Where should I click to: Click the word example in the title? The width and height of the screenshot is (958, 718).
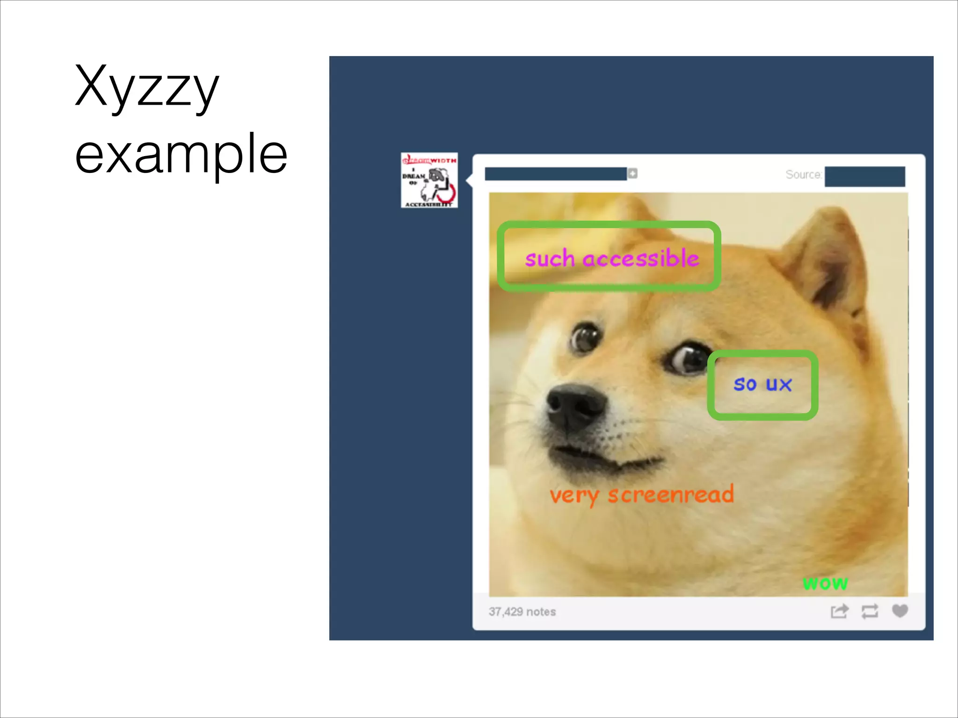tap(181, 154)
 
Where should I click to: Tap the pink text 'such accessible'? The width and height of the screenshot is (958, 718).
tap(611, 258)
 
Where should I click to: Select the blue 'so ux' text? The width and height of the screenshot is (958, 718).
tap(762, 384)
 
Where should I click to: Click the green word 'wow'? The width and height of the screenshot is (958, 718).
tap(825, 583)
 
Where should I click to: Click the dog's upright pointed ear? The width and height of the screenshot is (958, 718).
tap(828, 262)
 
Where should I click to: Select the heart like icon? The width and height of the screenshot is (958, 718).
tap(900, 611)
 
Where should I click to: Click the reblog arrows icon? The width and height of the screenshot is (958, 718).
tap(870, 611)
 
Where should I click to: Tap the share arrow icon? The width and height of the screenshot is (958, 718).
tap(839, 611)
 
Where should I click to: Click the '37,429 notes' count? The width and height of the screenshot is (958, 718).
tap(522, 612)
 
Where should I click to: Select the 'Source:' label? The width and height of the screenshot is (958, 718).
tap(803, 175)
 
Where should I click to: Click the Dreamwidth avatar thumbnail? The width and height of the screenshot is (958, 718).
tap(429, 180)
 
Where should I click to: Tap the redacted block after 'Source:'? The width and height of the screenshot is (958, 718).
tap(864, 176)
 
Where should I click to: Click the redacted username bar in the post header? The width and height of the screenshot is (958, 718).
tap(555, 174)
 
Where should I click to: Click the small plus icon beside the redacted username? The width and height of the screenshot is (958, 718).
tap(632, 173)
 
